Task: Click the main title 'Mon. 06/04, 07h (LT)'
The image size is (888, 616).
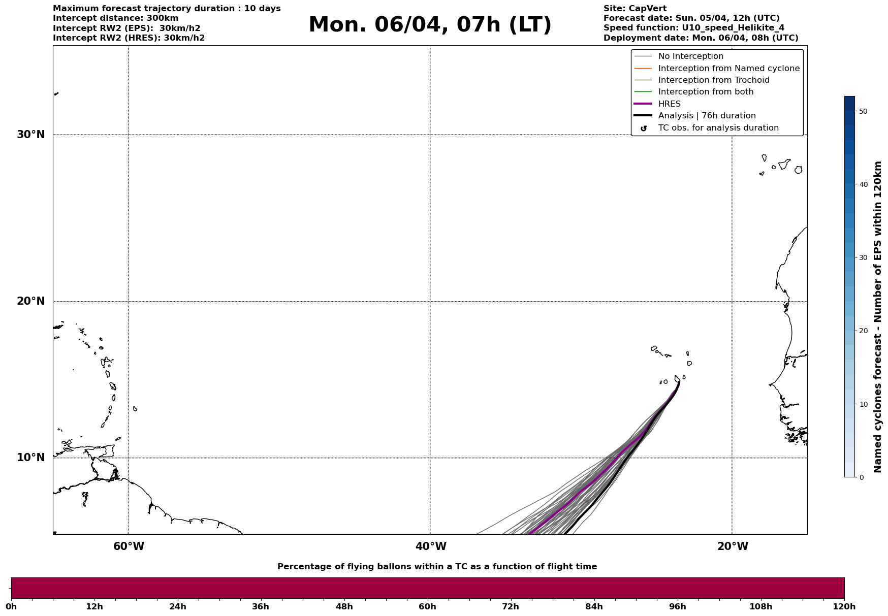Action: coord(430,25)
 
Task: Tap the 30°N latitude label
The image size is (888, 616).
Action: coord(31,135)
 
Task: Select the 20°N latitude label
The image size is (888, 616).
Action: coord(31,301)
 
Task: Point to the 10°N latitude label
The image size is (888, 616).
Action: coord(31,458)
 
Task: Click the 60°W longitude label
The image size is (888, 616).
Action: coord(129,546)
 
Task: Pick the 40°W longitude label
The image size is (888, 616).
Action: coord(430,546)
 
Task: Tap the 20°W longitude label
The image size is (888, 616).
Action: coord(732,546)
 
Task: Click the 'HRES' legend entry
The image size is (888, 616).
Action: coord(669,104)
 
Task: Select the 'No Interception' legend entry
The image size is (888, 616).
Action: coord(690,56)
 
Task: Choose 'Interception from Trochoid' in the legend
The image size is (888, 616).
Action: coord(713,80)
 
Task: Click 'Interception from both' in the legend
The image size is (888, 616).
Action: coord(706,92)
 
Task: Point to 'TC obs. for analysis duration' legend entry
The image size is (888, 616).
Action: coord(718,128)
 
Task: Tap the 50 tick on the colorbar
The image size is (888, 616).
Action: coord(863,111)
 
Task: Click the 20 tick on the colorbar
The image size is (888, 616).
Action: coord(863,331)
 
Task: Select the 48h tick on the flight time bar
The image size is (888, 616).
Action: coord(344,606)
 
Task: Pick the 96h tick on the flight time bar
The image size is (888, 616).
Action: coord(677,606)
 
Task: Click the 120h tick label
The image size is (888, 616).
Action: coord(843,606)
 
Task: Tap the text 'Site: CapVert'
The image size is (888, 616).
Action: coord(635,9)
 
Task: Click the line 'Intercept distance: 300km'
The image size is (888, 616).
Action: coord(115,18)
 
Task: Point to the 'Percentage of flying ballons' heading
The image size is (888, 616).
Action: coord(437,567)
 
